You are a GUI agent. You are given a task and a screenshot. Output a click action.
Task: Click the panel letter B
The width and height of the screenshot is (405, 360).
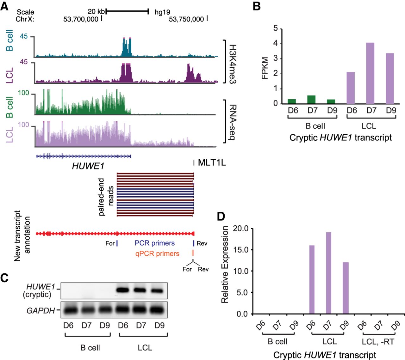pos(257,6)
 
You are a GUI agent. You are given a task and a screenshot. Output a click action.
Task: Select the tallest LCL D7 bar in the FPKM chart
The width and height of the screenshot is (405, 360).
pos(370,73)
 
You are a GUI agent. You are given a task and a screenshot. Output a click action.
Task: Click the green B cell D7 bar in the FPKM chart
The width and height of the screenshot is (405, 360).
pos(311,100)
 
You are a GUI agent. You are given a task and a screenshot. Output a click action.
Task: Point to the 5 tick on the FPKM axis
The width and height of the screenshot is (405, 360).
pos(276,29)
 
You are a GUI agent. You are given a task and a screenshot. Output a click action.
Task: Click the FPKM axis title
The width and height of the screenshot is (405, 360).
pos(265,68)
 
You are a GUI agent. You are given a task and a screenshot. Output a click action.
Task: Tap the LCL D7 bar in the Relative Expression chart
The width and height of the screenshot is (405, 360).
pos(328,273)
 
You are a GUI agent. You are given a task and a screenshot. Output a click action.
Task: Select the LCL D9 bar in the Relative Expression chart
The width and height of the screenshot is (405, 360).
pos(345,288)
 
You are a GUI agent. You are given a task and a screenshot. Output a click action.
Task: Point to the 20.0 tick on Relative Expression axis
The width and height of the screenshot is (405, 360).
pos(240,229)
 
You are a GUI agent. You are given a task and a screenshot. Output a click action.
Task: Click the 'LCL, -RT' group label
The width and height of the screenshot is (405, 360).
pos(378,342)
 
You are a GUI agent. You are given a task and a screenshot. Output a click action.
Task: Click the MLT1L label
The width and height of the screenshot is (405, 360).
pos(212,163)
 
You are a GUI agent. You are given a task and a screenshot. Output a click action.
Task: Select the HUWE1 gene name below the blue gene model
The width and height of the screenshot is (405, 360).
pos(88,166)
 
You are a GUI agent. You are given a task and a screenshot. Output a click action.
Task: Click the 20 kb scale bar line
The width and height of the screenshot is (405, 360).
pos(127,12)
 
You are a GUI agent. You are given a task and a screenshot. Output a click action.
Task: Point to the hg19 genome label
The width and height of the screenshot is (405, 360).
pos(162,12)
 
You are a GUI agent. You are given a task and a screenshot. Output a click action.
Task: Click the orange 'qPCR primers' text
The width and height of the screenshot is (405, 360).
pos(157,253)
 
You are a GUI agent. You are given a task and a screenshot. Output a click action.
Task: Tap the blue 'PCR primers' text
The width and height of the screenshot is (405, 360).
pos(155,243)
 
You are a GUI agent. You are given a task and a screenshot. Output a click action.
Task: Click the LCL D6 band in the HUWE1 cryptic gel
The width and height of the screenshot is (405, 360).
pos(123,290)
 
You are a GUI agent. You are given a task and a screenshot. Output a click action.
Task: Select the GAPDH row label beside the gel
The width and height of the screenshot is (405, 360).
pos(40,311)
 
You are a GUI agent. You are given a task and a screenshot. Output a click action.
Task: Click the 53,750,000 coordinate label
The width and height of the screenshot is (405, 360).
pos(186,19)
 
